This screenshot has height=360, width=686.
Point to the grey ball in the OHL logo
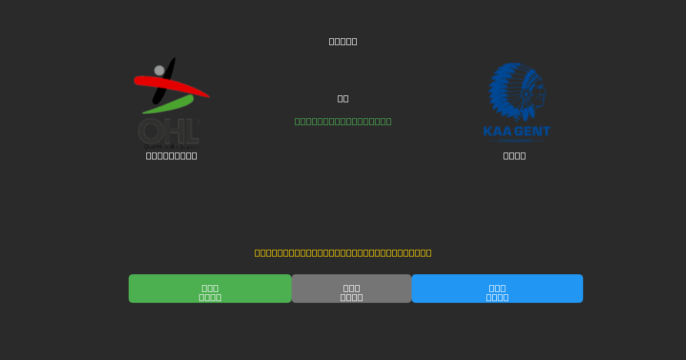coord(159,70)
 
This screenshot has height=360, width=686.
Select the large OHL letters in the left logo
coord(168,131)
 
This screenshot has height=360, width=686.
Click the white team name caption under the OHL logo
coord(171,155)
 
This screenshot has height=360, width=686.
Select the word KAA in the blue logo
coord(496,131)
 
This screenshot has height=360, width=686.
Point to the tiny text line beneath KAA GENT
coord(516,141)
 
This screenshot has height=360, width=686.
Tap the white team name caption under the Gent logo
coord(514,155)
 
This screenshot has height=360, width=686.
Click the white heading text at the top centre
coord(343,41)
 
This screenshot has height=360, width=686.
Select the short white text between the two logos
coord(343,98)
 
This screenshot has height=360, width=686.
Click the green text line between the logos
coord(343,121)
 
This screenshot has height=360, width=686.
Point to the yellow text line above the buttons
coord(343,253)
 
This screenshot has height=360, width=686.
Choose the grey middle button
coord(352,289)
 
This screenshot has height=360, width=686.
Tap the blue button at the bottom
coord(497,289)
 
